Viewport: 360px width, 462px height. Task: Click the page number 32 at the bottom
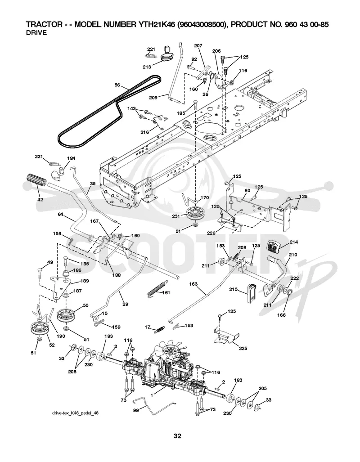[x=177, y=435]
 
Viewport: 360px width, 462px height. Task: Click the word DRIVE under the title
[x=36, y=33]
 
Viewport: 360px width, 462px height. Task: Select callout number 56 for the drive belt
[x=117, y=85]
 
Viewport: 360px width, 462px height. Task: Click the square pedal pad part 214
[x=274, y=246]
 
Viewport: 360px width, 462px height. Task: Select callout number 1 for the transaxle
[x=152, y=396]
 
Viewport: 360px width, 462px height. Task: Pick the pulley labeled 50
[x=65, y=315]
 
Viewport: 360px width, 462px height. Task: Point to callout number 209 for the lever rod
[x=153, y=98]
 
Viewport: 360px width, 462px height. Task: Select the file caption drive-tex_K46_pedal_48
[x=75, y=413]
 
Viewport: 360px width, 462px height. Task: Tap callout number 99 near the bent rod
[x=136, y=410]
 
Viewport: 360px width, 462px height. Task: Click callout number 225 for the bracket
[x=243, y=348]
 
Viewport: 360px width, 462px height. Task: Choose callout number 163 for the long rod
[x=193, y=284]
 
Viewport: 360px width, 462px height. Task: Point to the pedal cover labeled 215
[x=252, y=293]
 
